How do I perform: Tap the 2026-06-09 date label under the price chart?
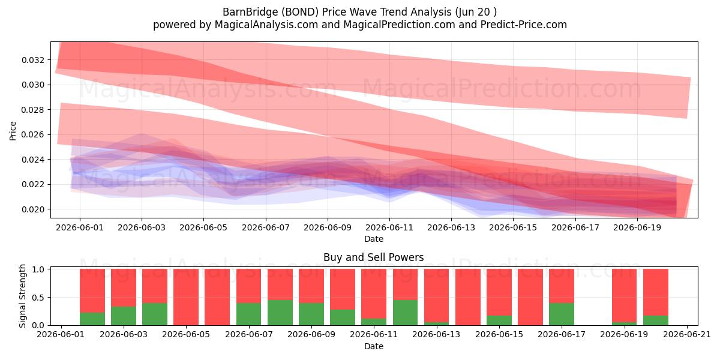coord(328,227)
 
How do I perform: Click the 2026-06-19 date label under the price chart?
coord(637,227)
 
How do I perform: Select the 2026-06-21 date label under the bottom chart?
coord(687,334)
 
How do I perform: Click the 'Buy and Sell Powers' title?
coord(373,257)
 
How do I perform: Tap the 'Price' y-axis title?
coord(13,131)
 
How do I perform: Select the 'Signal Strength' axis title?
coord(22,296)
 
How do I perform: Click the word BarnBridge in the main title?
coord(250,12)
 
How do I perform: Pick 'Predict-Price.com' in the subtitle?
coord(524,25)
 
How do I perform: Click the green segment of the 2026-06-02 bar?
coord(92,319)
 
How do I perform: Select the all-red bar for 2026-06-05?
coord(186,297)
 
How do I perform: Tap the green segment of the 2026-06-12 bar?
coord(405,313)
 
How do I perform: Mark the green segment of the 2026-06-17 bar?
coord(562,314)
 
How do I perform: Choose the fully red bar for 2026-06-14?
coord(467,297)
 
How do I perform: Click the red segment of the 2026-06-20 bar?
coord(656,293)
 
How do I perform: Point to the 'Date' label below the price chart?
coord(373,239)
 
